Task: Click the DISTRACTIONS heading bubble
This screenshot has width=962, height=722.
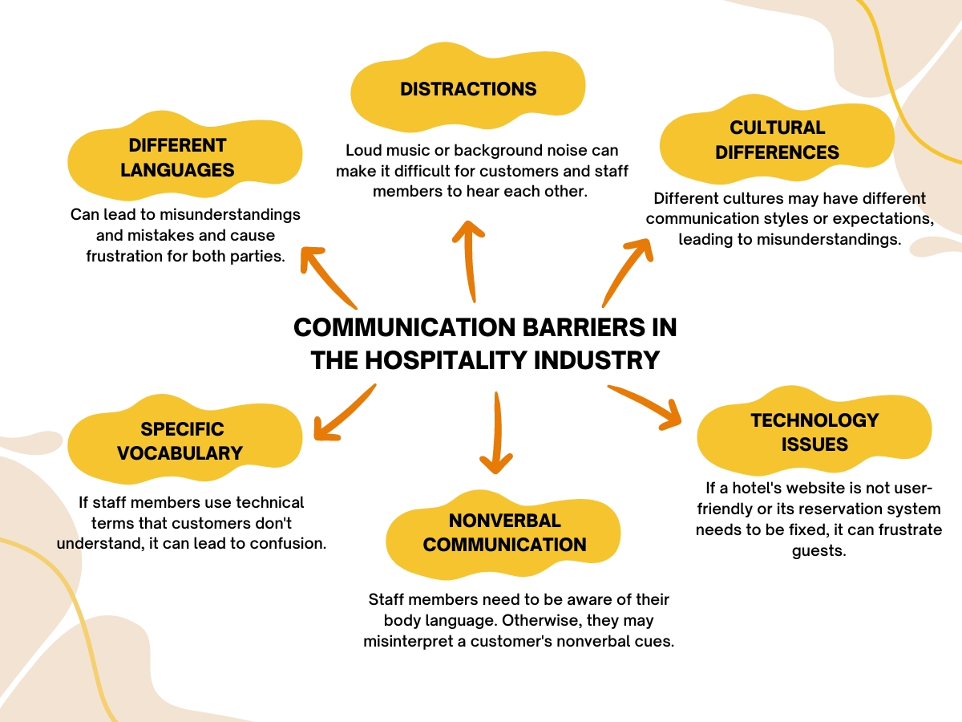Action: pos(468,88)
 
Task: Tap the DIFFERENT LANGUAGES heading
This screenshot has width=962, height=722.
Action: pos(177,157)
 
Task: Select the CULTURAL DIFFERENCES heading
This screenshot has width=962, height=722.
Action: pos(777,140)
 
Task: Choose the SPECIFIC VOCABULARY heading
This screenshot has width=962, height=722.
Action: pos(180,440)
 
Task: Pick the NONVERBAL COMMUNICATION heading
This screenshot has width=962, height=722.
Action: pos(504,533)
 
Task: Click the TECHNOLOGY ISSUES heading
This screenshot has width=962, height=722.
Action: pos(814,432)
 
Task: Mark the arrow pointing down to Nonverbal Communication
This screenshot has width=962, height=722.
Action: pos(496,433)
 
